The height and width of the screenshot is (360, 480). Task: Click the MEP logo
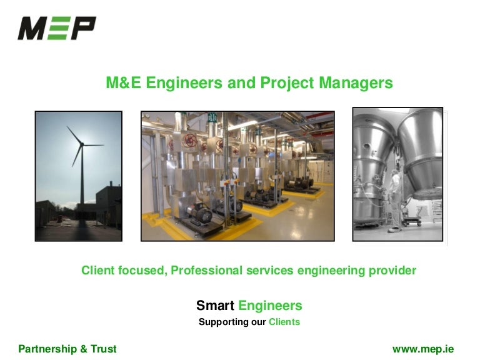click(x=57, y=28)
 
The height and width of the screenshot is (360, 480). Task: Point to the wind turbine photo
click(x=79, y=176)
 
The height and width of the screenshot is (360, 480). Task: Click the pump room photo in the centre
click(x=237, y=176)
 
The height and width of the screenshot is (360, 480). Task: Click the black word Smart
click(x=215, y=306)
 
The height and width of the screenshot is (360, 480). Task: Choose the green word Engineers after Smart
click(x=270, y=306)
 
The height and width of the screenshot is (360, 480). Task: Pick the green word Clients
click(x=284, y=322)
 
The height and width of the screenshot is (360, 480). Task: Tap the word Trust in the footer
click(x=102, y=349)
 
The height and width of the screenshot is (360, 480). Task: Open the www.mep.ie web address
click(x=422, y=349)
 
